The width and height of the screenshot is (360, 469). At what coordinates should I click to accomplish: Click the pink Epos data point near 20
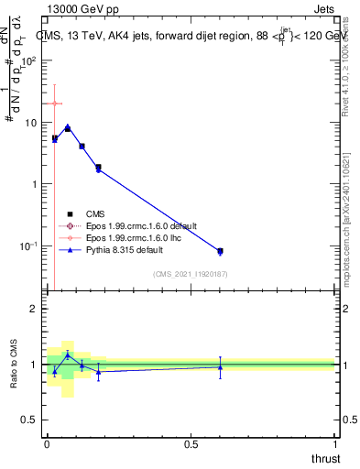click(55, 104)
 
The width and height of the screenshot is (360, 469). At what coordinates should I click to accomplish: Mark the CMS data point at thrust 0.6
click(220, 250)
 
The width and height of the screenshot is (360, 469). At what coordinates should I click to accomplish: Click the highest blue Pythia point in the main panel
click(68, 127)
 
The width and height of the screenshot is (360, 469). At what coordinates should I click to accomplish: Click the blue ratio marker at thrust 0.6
click(220, 366)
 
